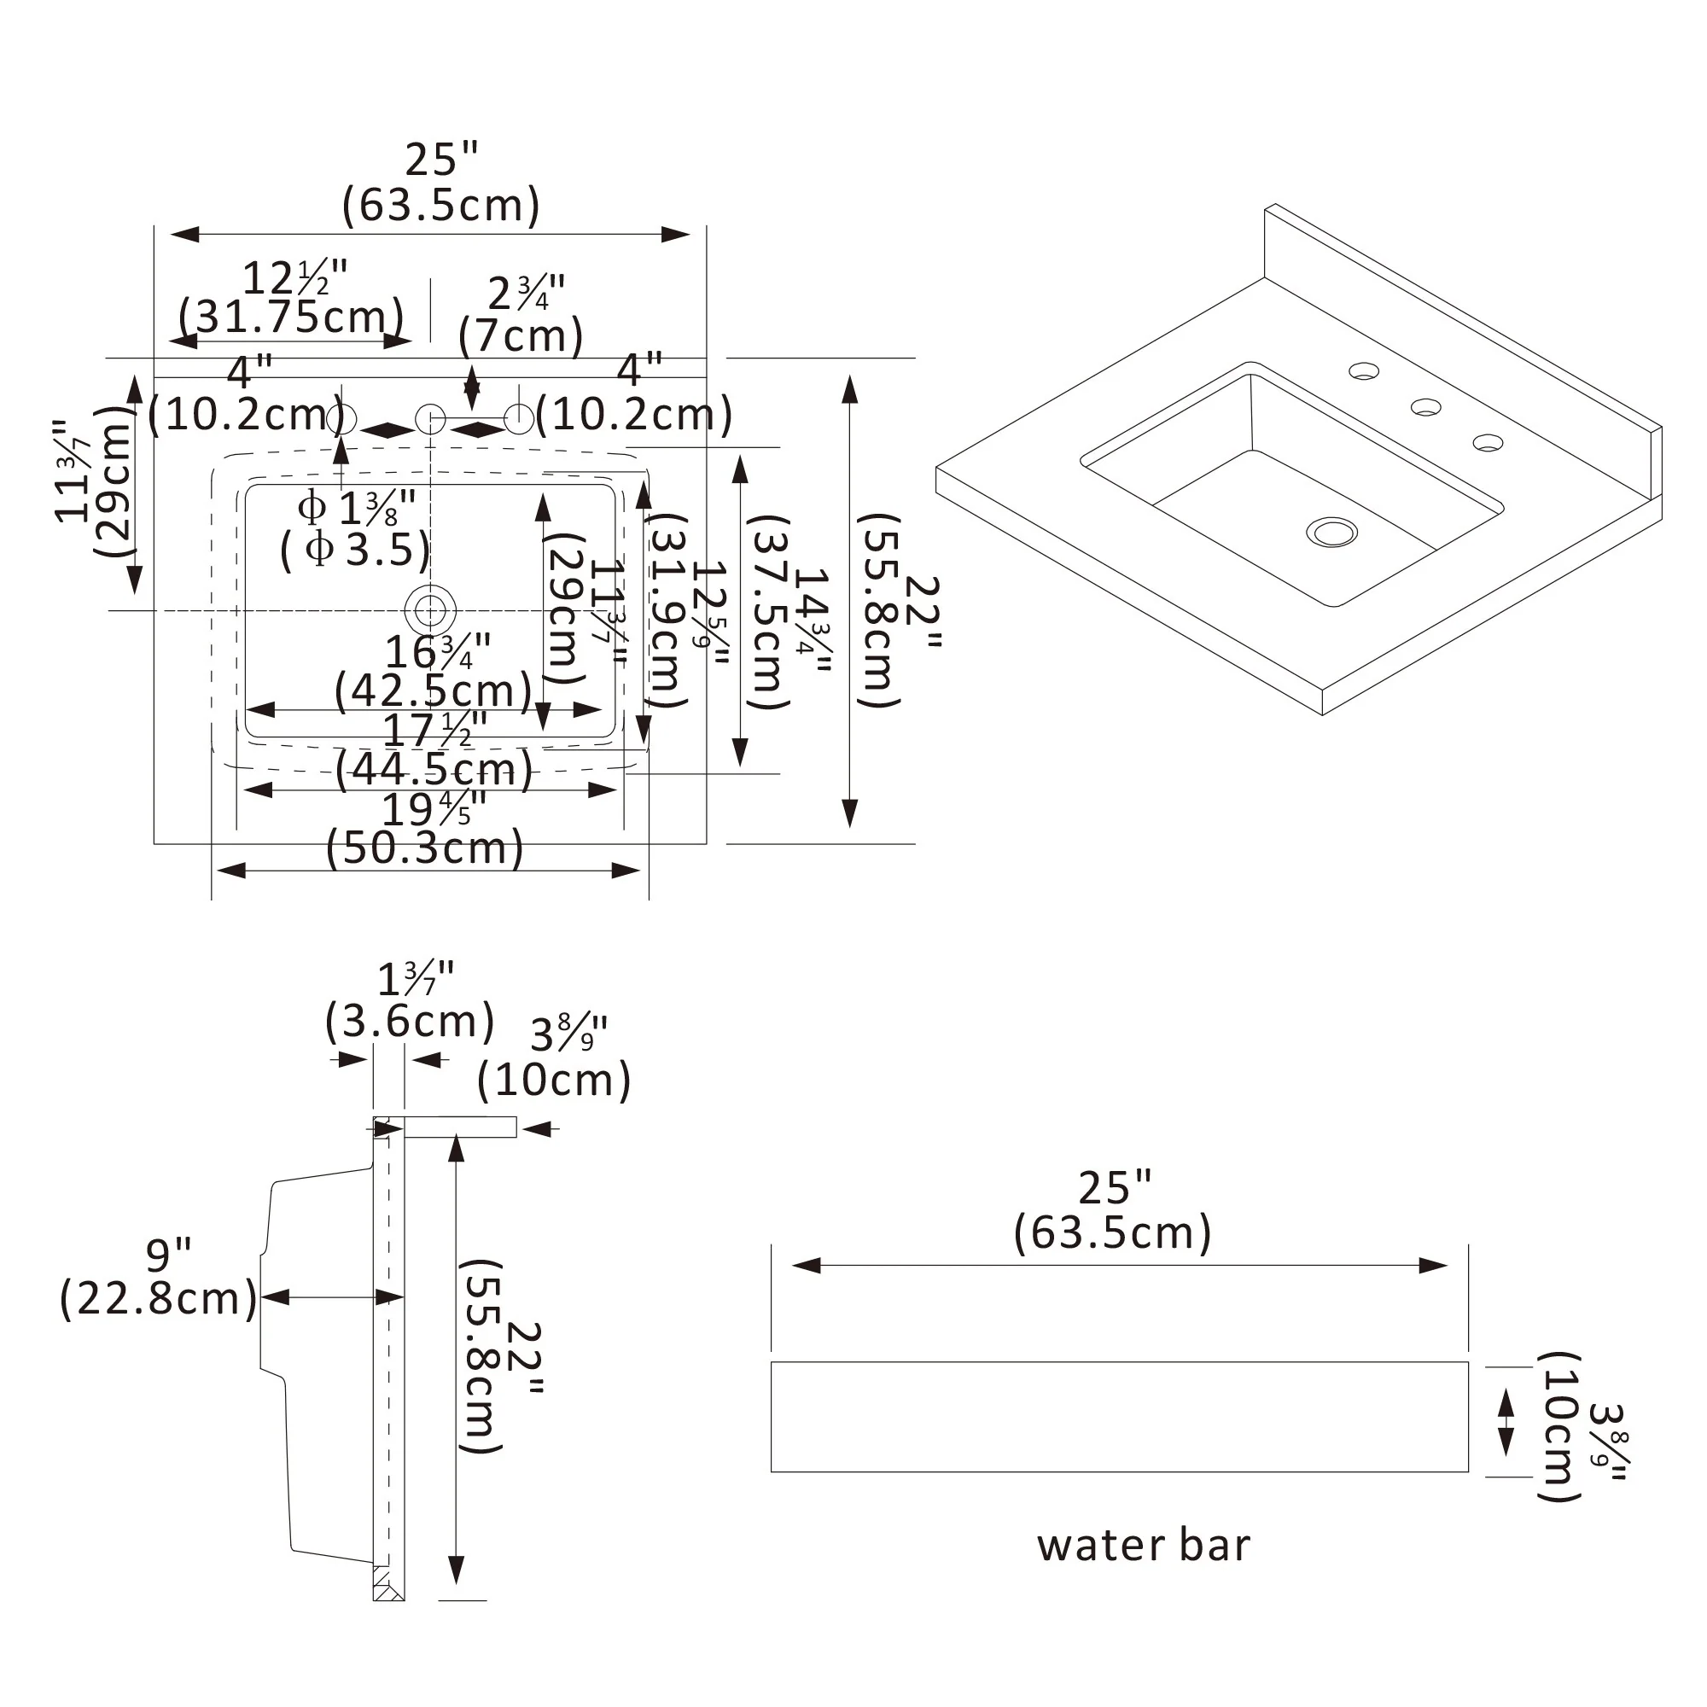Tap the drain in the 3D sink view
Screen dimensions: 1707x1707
coord(1331,532)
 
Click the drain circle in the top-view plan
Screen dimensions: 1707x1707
coord(429,609)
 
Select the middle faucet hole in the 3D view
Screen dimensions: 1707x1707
coord(1425,407)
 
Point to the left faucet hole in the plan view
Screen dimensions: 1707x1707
coord(341,419)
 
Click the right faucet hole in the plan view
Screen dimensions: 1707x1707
coord(520,419)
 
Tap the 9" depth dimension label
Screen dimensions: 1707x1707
coord(169,1254)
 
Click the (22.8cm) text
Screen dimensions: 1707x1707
coord(159,1298)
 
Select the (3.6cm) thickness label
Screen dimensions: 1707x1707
coord(410,1022)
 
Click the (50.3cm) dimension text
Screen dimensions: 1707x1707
coord(425,848)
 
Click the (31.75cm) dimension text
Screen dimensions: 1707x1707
coord(292,317)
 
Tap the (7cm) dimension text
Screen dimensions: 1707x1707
coord(521,335)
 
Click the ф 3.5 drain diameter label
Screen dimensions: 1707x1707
coord(355,550)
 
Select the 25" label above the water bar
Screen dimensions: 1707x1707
coord(1115,1187)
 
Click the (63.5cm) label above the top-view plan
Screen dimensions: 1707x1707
coord(441,205)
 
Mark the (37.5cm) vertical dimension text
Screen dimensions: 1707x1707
coord(766,612)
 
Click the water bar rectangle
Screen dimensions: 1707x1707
coord(1120,1417)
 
